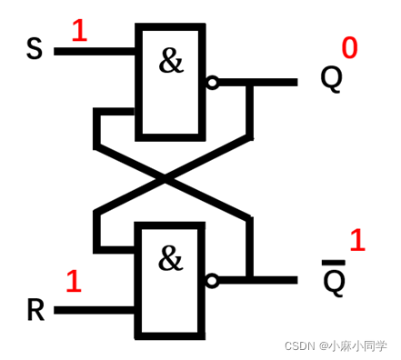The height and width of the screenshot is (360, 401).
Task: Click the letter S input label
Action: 34,47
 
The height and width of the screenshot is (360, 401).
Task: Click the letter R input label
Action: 35,310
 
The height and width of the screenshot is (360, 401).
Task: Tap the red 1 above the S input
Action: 79,32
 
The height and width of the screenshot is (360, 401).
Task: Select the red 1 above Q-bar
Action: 356,241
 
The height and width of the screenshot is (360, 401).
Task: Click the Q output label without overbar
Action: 331,79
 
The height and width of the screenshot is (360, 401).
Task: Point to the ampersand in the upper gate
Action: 170,62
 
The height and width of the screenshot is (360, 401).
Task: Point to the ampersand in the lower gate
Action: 170,260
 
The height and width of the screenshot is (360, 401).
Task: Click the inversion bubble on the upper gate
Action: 212,83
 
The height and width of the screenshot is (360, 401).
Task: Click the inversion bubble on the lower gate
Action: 212,281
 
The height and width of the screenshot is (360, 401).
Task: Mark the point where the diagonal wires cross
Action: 171,180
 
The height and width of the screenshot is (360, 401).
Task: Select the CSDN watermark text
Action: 336,346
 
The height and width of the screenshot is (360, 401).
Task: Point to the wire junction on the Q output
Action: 249,83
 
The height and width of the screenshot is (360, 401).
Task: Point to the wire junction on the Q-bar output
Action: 249,279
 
